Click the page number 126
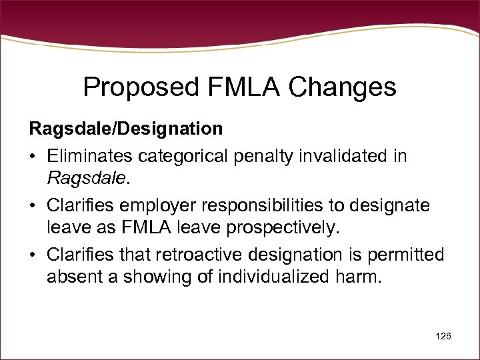[x=443, y=336]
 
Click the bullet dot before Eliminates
[x=33, y=157]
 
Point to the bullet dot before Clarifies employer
[x=33, y=205]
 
